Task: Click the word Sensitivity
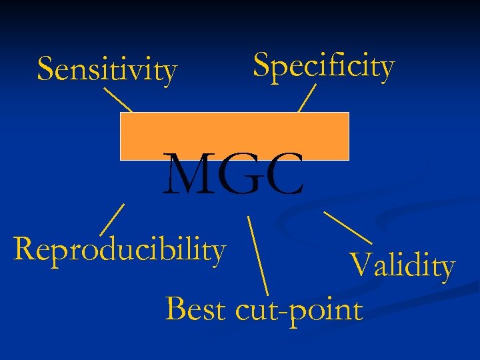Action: [x=107, y=69]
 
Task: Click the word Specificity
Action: [x=324, y=66]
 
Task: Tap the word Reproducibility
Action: [x=119, y=249]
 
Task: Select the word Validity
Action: [x=402, y=266]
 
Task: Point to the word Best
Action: [x=195, y=309]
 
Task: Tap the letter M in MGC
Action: [x=189, y=175]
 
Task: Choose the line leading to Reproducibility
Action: [x=112, y=219]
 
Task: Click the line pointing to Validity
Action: [x=347, y=227]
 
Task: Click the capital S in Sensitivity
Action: [x=45, y=68]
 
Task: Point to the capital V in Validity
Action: [x=361, y=265]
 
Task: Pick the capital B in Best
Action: [x=175, y=309]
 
